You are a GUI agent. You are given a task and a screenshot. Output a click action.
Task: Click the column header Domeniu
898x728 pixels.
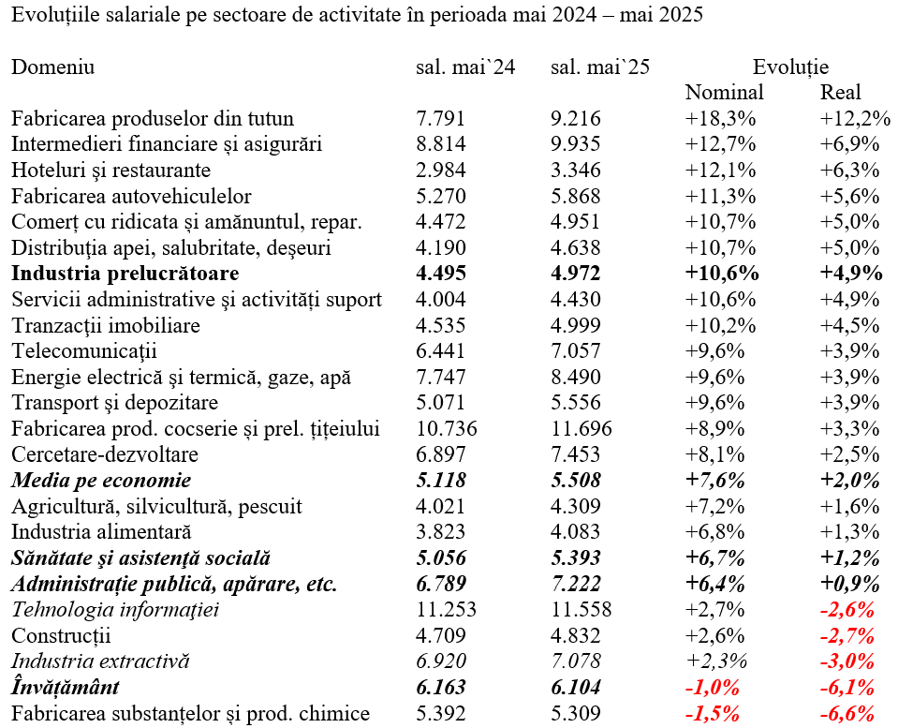52,67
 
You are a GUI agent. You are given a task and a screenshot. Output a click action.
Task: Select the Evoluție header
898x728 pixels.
790,67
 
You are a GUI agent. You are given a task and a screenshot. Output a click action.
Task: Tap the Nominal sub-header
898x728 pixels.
725,93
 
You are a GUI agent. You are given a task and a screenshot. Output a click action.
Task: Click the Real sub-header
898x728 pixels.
840,93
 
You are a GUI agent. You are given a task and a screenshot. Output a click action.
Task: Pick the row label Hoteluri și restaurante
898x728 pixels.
111,171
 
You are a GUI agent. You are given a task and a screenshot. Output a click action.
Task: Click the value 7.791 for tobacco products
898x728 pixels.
440,119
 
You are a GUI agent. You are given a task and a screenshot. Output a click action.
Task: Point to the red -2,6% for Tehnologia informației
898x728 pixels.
847,609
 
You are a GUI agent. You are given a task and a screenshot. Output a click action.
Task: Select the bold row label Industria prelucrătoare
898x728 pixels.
125,274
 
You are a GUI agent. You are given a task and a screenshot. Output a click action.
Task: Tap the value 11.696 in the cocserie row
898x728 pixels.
581,429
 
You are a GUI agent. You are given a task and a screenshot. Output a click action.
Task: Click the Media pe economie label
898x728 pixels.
101,481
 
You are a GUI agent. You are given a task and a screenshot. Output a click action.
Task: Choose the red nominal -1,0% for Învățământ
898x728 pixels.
713,688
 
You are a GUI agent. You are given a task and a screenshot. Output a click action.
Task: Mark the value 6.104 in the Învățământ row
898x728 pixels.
576,688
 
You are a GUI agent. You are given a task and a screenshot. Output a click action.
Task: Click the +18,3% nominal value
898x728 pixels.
720,119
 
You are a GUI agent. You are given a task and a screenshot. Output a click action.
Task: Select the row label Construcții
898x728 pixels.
61,635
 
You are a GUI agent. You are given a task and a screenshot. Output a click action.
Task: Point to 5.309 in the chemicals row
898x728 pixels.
576,714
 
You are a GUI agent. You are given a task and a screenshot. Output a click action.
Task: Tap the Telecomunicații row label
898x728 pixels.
83,351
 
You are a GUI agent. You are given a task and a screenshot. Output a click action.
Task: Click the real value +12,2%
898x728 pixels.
855,119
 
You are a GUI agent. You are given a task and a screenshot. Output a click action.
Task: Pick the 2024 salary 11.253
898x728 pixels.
446,609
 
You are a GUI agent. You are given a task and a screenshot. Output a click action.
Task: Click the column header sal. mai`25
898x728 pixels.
600,67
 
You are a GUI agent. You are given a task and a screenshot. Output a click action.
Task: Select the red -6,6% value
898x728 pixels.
847,714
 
